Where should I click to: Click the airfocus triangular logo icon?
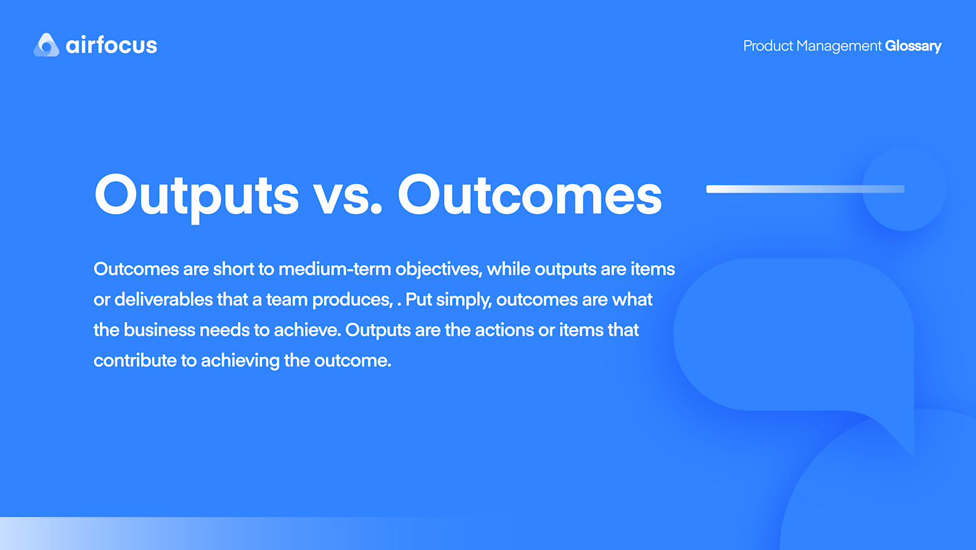tap(46, 45)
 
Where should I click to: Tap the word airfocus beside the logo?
tap(112, 45)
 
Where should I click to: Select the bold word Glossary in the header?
tap(913, 46)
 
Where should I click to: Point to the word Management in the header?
tap(839, 46)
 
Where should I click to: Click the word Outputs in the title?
tap(196, 195)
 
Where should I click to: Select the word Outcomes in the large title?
tap(529, 195)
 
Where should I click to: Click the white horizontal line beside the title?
tap(793, 189)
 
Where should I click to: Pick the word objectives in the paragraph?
tap(438, 269)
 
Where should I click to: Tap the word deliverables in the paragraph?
tap(163, 299)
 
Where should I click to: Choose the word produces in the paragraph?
tap(352, 299)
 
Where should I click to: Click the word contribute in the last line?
tap(135, 360)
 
